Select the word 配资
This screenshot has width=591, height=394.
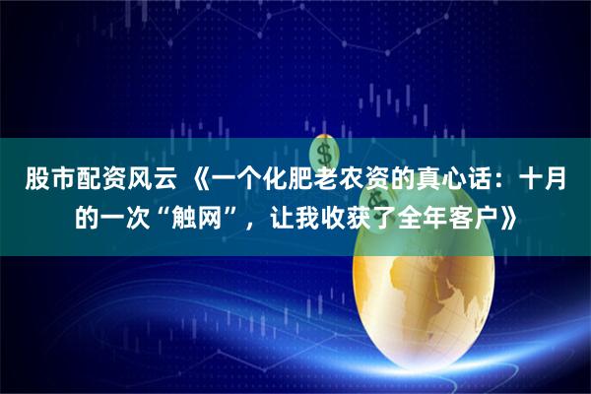pos(97,183)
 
